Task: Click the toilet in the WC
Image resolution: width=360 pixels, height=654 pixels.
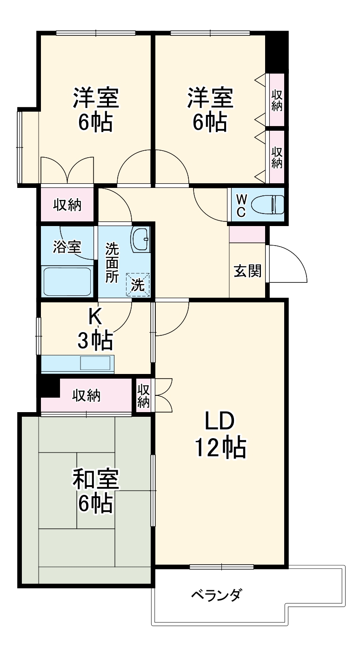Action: (x=267, y=204)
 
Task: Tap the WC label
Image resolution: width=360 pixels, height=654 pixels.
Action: (x=241, y=205)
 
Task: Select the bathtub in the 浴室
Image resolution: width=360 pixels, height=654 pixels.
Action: (x=67, y=281)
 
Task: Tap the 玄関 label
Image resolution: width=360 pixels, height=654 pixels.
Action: (x=247, y=271)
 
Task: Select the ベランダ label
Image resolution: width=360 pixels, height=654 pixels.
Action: (x=216, y=594)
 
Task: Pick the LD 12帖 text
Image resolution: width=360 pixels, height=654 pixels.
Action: (x=220, y=434)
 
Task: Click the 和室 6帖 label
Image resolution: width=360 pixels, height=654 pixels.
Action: (x=95, y=491)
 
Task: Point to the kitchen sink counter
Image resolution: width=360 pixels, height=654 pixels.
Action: (x=77, y=363)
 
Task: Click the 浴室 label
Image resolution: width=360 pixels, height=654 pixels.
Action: (x=67, y=247)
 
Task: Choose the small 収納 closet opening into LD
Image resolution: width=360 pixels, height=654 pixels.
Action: (x=144, y=396)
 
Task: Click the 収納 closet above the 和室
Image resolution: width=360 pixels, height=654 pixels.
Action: (x=87, y=396)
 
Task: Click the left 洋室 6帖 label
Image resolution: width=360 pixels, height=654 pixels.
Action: (x=95, y=110)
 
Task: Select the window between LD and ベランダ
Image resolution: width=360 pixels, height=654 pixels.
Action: (x=221, y=567)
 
